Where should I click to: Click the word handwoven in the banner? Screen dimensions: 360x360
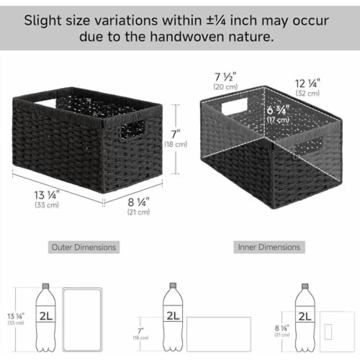click(187, 37)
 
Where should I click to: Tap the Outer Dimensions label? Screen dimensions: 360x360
click(84, 247)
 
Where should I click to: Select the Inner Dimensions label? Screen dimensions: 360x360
click(269, 247)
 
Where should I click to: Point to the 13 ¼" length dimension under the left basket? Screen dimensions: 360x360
click(46, 195)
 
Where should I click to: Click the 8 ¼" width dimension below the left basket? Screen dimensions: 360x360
click(138, 202)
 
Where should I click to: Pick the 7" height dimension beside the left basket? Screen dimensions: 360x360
click(176, 134)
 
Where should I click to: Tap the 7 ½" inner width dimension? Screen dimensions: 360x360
click(225, 77)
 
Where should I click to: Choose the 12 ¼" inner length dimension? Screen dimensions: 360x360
click(307, 84)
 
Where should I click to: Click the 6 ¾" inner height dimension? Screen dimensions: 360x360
click(278, 110)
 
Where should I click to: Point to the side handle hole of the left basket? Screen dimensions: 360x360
click(132, 129)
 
